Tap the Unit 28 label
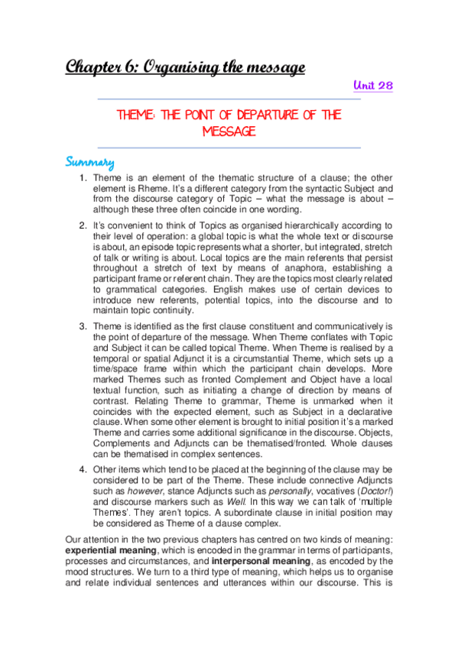click(x=375, y=86)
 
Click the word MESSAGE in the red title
click(x=229, y=131)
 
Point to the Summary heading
click(x=89, y=162)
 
